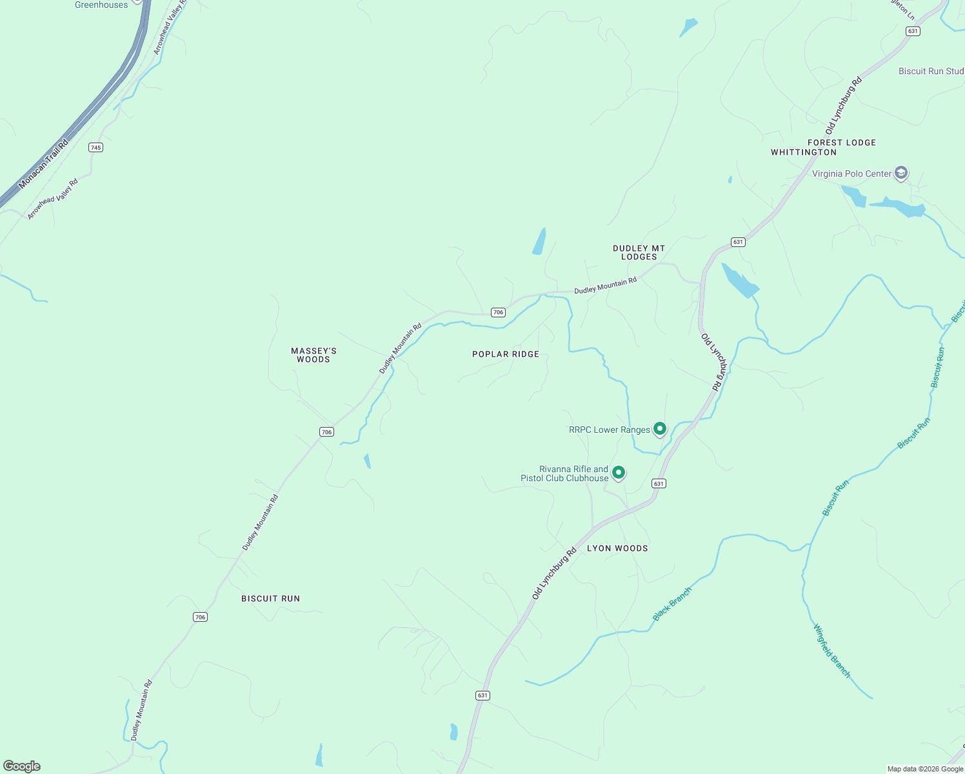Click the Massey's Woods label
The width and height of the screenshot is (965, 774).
click(x=313, y=355)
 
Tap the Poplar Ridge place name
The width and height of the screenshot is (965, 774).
click(x=506, y=354)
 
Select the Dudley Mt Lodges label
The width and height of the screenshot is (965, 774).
click(x=639, y=252)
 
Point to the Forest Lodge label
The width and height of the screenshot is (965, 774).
click(x=842, y=143)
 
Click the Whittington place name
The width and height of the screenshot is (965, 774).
click(x=804, y=152)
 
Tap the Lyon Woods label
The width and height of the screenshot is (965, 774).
click(x=617, y=548)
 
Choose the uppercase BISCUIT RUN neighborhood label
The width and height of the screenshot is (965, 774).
click(x=270, y=599)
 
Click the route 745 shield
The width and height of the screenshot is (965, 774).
click(x=95, y=148)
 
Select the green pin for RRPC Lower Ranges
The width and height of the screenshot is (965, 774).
click(x=660, y=428)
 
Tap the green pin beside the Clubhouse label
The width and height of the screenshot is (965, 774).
click(x=619, y=473)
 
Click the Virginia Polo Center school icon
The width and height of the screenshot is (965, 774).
click(x=902, y=173)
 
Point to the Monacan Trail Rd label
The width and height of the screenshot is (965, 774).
click(x=43, y=164)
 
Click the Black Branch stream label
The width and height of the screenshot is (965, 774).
click(x=672, y=604)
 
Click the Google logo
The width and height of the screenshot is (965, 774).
click(x=22, y=766)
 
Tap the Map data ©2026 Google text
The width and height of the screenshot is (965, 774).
click(x=925, y=769)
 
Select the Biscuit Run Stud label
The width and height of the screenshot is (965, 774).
click(x=931, y=71)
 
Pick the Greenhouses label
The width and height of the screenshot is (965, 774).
click(x=101, y=5)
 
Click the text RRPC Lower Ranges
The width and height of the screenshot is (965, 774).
click(x=610, y=430)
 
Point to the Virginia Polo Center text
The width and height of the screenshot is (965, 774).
click(x=851, y=174)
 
